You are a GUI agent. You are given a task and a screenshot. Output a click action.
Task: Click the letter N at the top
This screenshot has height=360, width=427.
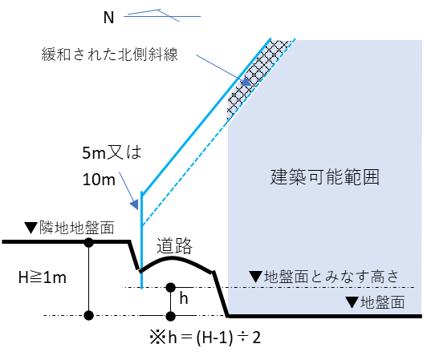tap(108, 18)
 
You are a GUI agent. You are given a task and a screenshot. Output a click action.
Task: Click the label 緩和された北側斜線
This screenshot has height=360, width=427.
tap(110, 55)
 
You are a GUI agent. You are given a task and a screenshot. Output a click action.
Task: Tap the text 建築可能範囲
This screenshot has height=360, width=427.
tap(325, 177)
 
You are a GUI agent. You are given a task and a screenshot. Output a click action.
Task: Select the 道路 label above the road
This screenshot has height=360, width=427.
tap(174, 245)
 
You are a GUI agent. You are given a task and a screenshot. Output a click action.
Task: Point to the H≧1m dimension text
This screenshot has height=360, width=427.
tap(43, 278)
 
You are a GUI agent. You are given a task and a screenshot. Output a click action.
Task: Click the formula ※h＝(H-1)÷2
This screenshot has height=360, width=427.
tap(205, 338)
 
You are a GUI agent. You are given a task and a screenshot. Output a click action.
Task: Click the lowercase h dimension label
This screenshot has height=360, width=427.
tap(184, 298)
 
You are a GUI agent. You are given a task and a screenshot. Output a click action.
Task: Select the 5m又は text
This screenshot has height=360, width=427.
tap(112, 152)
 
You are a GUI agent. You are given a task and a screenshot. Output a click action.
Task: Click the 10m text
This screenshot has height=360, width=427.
tap(99, 180)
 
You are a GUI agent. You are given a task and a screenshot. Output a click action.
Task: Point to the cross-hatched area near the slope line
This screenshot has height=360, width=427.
tap(258, 79)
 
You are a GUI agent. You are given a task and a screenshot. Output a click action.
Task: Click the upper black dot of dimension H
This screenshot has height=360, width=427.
tap(89, 242)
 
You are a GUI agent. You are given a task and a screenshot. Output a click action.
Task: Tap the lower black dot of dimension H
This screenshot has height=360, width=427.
tap(89, 316)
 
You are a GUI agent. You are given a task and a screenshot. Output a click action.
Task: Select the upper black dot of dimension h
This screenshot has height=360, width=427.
tap(171, 287)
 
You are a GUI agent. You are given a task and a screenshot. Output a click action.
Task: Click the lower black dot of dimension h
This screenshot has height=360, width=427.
tap(171, 316)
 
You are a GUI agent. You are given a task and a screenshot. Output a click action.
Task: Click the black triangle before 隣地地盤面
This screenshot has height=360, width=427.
tap(31, 228)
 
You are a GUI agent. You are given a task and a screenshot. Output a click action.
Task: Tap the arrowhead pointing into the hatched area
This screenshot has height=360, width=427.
tap(246, 81)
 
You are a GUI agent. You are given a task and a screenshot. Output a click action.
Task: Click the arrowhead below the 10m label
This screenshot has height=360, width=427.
tap(135, 205)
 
